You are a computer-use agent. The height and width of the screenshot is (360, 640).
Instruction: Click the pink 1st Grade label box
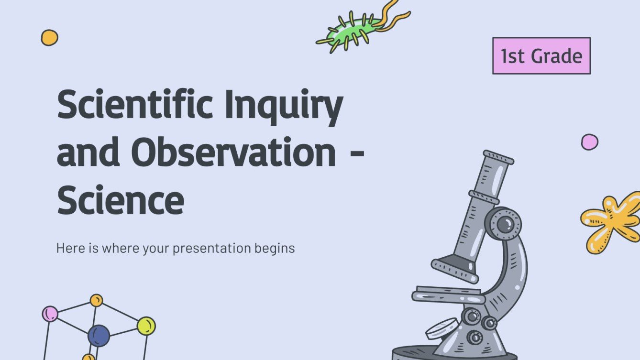541,56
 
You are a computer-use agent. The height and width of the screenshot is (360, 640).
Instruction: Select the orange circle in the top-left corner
49,37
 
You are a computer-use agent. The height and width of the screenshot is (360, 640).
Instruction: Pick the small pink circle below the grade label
589,142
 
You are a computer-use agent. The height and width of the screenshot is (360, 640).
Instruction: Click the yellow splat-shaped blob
609,221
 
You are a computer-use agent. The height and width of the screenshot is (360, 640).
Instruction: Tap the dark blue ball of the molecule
99,336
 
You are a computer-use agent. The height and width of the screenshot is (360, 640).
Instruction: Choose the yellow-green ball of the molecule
146,326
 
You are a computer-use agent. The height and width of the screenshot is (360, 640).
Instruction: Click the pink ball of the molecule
50,314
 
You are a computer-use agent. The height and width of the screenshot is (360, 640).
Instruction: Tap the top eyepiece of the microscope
498,157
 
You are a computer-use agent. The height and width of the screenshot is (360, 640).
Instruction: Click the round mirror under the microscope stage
442,328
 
